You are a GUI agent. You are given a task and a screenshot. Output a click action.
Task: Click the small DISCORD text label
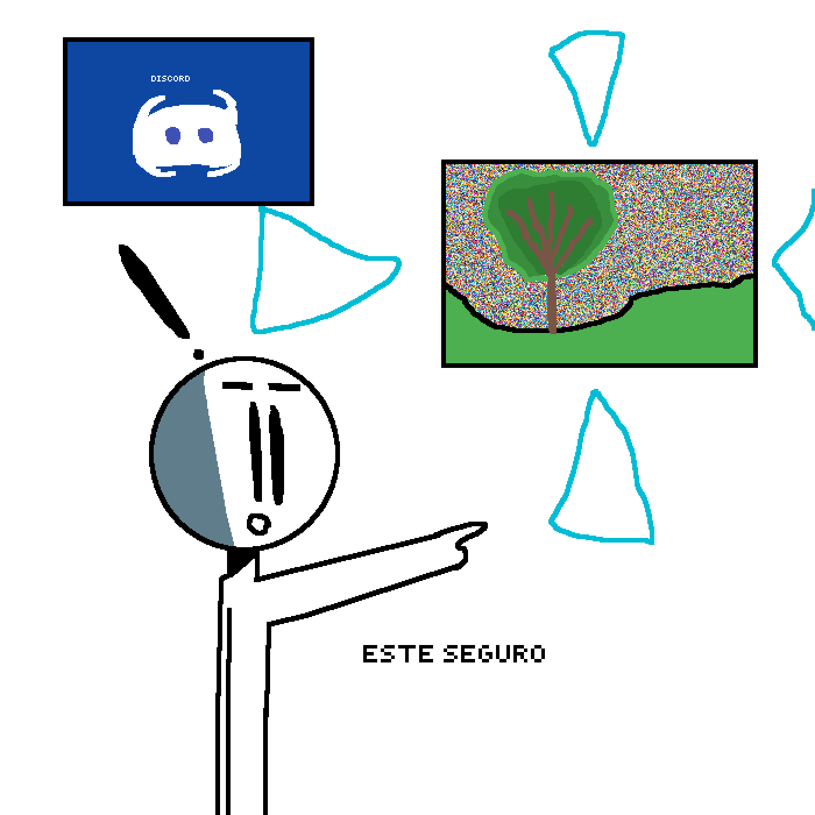(x=171, y=79)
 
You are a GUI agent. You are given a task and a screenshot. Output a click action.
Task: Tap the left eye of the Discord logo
(x=172, y=136)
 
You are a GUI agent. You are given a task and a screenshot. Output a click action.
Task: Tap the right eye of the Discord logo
(x=205, y=135)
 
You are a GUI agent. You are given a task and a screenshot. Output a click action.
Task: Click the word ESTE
(x=398, y=654)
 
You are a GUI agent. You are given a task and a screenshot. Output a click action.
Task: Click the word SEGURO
(x=494, y=654)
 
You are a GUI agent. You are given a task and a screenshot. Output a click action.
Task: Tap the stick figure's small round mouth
(x=258, y=524)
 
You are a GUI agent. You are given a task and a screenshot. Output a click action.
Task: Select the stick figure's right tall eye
(x=277, y=455)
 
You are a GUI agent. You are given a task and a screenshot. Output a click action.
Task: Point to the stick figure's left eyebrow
(x=238, y=386)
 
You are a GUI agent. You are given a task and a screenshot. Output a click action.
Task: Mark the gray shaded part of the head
(x=190, y=457)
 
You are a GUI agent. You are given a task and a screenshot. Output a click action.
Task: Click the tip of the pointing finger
(x=486, y=525)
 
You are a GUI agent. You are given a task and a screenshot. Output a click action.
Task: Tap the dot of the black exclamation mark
(x=199, y=354)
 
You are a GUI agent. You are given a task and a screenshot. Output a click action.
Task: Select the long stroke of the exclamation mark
(x=153, y=291)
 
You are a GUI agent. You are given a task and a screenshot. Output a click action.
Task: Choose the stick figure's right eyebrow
(x=284, y=387)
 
